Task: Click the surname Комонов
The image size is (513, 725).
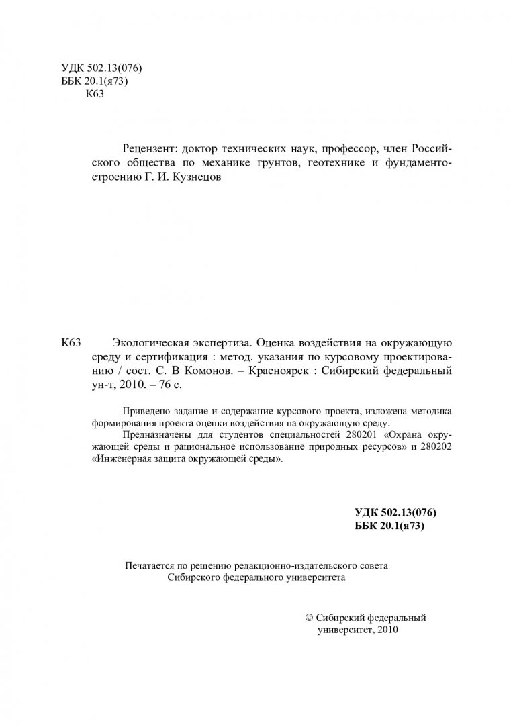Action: (x=203, y=371)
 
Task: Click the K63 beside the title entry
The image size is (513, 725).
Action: (x=71, y=343)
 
